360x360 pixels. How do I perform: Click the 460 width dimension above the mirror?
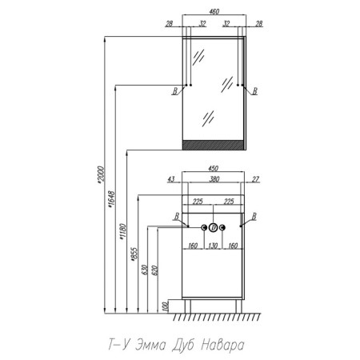click(x=214, y=11)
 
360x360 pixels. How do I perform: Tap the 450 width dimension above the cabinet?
click(x=213, y=169)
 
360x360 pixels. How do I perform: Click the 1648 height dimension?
click(x=111, y=199)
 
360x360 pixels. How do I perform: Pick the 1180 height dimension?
click(x=122, y=232)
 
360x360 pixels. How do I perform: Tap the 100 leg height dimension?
click(x=165, y=306)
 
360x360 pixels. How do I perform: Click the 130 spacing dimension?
click(x=213, y=246)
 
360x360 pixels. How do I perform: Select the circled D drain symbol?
click(x=213, y=227)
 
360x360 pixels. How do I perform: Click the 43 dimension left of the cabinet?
click(x=171, y=179)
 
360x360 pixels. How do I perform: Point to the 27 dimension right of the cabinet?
click(x=255, y=179)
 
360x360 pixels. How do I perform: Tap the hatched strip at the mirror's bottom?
click(x=213, y=145)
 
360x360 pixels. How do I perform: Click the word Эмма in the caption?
click(x=150, y=345)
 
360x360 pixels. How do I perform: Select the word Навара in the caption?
click(x=222, y=345)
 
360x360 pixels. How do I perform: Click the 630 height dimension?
click(x=144, y=270)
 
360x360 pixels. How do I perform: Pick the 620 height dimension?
click(x=155, y=270)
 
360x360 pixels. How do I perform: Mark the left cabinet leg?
click(x=188, y=306)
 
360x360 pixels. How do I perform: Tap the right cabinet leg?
click(x=239, y=306)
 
